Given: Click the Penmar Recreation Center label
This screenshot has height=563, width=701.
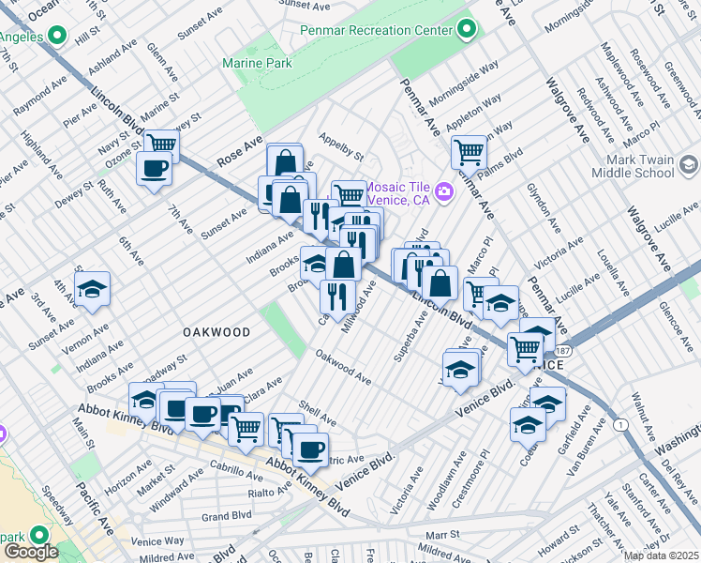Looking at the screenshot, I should tap(378, 29).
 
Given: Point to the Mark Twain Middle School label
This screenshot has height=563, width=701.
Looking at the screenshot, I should tap(633, 166).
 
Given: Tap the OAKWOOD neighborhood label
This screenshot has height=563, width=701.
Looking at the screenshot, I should tap(216, 332).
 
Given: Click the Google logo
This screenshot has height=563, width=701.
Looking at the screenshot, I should tap(30, 552).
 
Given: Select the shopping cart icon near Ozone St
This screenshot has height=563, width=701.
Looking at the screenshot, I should tap(161, 145).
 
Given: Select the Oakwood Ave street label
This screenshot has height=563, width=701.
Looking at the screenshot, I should tap(343, 368).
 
